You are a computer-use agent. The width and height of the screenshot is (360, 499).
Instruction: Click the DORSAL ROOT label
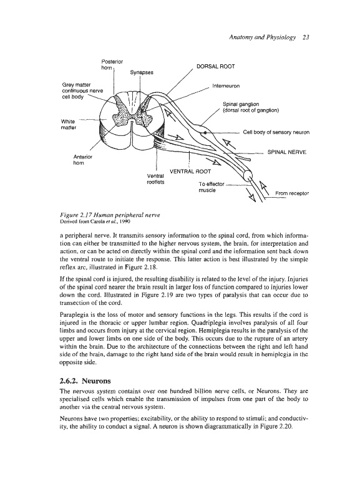(216, 67)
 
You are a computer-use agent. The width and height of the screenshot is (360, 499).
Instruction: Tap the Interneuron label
(226, 86)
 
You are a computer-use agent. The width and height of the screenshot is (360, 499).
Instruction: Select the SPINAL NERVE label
(287, 152)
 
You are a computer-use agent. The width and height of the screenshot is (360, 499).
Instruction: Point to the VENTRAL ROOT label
(191, 172)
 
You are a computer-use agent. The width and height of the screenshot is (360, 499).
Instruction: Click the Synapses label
(142, 72)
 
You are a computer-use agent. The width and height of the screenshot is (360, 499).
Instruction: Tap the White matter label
(69, 125)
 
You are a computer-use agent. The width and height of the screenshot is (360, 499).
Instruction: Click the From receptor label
(292, 193)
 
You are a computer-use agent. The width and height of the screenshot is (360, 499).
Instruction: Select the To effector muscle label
(212, 187)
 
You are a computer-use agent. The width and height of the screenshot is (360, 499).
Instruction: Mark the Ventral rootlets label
(155, 179)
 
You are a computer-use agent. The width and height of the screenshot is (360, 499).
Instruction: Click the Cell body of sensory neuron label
(276, 132)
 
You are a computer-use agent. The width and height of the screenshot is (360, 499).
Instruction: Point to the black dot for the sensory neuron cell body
(205, 132)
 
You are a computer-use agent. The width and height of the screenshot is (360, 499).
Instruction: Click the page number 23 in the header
(306, 37)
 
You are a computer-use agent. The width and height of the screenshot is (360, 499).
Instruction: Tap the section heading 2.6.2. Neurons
(85, 381)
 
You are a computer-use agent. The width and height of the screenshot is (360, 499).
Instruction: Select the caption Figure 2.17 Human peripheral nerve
(109, 215)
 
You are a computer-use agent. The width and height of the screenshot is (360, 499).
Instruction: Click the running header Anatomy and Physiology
(262, 37)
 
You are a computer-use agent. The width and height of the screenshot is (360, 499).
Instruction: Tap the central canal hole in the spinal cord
(132, 121)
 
